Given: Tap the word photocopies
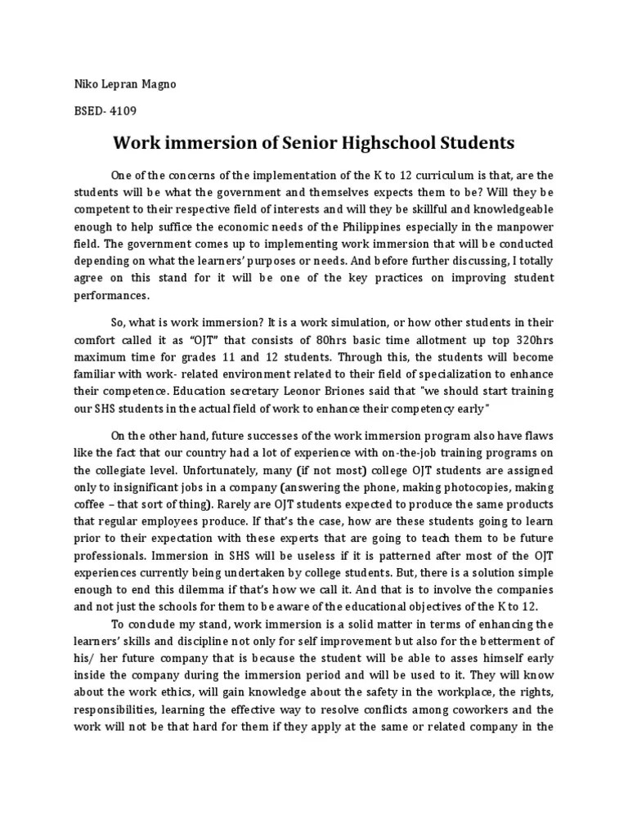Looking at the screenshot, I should (465, 488).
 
